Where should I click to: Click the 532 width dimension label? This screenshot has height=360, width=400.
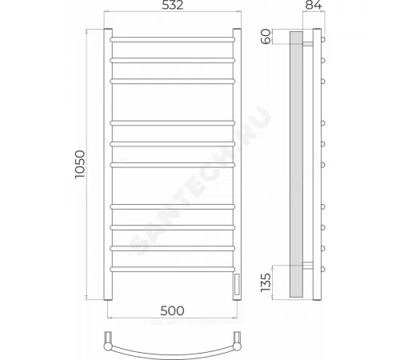[173, 6]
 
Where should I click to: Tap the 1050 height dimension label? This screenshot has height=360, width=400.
[80, 165]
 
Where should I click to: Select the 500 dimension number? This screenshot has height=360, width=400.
[172, 310]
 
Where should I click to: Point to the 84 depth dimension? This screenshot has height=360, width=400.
[314, 5]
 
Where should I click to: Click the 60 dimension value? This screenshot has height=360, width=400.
[266, 37]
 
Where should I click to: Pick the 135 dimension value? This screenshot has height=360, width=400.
[266, 282]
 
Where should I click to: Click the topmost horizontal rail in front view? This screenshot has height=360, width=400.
[173, 39]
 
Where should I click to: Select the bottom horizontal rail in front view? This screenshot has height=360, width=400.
[173, 270]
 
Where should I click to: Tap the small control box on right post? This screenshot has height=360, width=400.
[237, 284]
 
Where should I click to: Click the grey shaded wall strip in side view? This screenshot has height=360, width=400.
[296, 164]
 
